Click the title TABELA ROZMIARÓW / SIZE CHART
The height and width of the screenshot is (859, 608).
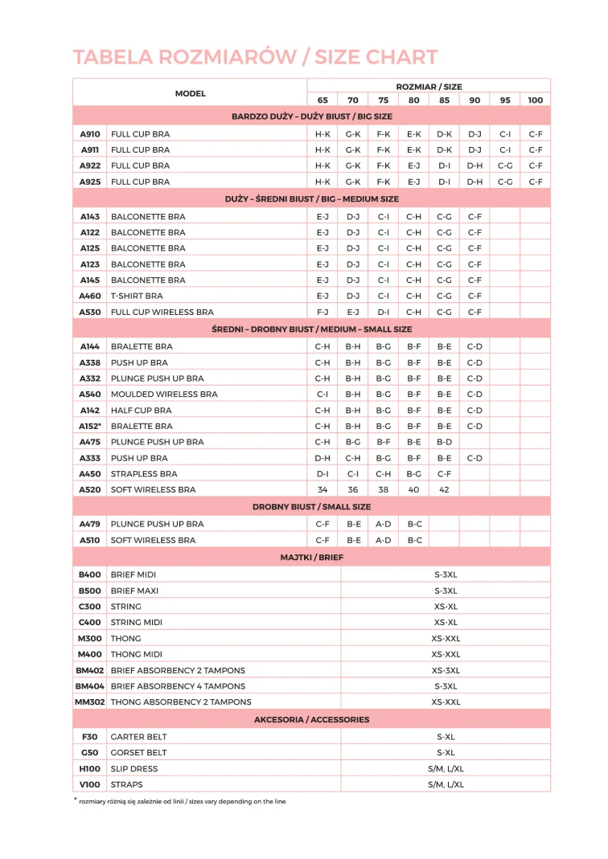click(256, 57)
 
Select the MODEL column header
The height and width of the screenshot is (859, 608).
click(191, 93)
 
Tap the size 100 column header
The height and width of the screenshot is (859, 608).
click(536, 100)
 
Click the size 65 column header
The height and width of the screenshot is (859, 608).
click(322, 100)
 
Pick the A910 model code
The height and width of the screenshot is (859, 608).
click(90, 134)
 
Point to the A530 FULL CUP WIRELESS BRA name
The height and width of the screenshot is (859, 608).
click(162, 312)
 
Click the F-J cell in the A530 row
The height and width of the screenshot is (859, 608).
click(322, 312)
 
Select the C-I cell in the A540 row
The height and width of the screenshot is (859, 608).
click(322, 395)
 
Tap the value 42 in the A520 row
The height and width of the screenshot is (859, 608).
click(444, 489)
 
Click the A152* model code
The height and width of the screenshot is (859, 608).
click(90, 426)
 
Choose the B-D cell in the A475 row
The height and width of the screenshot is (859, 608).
click(444, 442)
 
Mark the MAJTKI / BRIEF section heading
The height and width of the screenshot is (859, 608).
click(311, 557)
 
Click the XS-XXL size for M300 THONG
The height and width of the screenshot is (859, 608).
click(446, 639)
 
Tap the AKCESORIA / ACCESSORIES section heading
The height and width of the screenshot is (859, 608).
click(311, 719)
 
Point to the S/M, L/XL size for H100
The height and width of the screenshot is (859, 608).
click(446, 769)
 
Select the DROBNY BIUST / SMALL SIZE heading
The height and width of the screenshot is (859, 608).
click(311, 507)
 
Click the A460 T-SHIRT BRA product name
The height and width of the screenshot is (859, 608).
click(137, 296)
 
